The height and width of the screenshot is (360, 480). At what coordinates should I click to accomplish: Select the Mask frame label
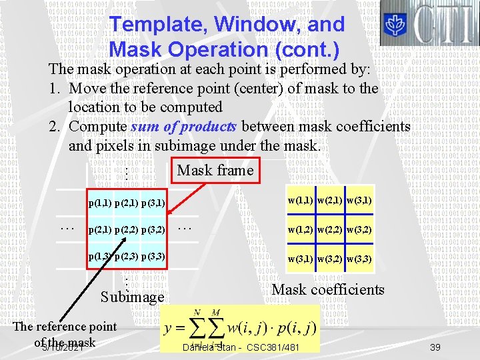click(215, 171)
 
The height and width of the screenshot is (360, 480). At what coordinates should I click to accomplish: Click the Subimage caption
click(132, 297)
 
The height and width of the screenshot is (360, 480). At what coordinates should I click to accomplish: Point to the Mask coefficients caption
click(328, 289)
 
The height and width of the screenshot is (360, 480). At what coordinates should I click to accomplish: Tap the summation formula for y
click(239, 327)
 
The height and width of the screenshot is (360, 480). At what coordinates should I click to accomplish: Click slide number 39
click(435, 347)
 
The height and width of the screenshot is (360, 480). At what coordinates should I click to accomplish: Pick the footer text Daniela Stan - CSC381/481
click(241, 348)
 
